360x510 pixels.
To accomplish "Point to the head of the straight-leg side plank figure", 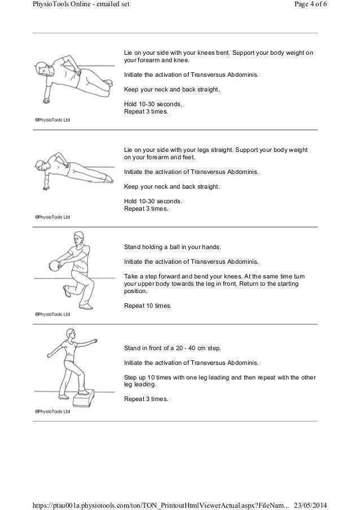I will pos(40,165).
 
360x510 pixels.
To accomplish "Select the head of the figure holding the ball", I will pos(78,238).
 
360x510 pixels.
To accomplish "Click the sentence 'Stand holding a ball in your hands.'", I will pos(173,247).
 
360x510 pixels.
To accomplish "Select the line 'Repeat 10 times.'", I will pos(148,306).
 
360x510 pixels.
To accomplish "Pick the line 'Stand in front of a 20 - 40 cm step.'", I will pos(173,347).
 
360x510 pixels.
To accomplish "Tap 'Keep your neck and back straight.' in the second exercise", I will pos(172,187).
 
